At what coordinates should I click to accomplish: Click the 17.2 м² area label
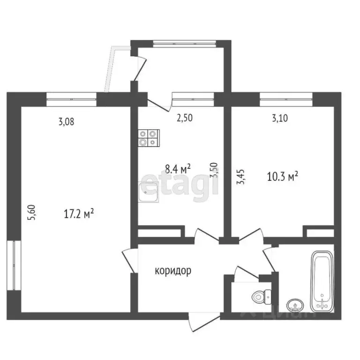(x=79, y=215)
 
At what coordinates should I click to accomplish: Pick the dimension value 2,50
(x=184, y=118)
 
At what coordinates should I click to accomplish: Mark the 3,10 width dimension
(x=280, y=118)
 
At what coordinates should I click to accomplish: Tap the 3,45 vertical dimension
(x=240, y=177)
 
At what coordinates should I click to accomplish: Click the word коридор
(x=173, y=271)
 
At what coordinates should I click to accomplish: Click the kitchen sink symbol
(x=149, y=193)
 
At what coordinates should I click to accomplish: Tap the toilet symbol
(x=260, y=296)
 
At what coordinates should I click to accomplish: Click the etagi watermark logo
(x=180, y=185)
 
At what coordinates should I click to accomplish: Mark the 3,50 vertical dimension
(x=215, y=170)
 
